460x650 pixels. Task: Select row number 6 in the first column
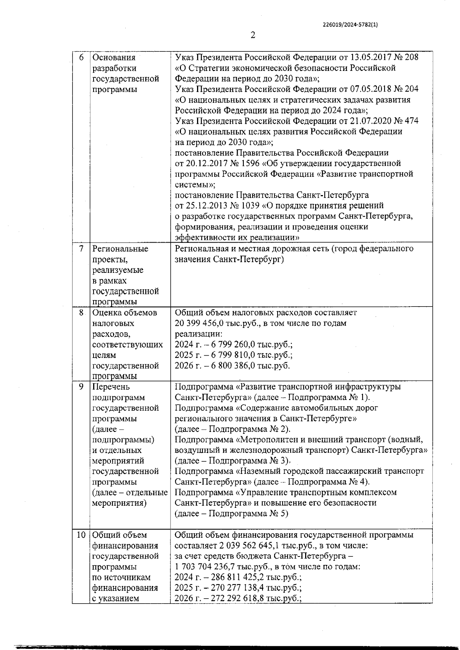(x=81, y=58)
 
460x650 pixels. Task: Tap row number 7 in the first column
(x=81, y=249)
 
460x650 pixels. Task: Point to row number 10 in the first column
(x=80, y=535)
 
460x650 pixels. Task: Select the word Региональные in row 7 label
(x=120, y=249)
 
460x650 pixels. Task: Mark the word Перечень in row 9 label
(x=111, y=387)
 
